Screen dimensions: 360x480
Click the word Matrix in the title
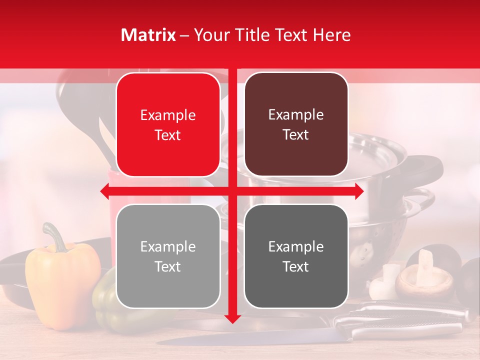click(x=148, y=35)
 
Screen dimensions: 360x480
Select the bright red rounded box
click(x=168, y=125)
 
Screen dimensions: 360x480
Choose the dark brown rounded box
click(x=296, y=124)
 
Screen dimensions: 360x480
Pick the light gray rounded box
click(x=168, y=256)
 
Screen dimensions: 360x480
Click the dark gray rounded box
click(x=296, y=256)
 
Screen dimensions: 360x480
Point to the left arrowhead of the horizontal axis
click(x=104, y=191)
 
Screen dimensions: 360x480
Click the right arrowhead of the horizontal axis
click(x=359, y=191)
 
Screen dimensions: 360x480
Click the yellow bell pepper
click(x=62, y=285)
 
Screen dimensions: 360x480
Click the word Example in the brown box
click(x=296, y=115)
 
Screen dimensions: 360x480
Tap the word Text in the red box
click(x=168, y=135)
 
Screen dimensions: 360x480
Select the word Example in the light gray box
click(x=168, y=246)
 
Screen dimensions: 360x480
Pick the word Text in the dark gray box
click(x=296, y=267)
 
